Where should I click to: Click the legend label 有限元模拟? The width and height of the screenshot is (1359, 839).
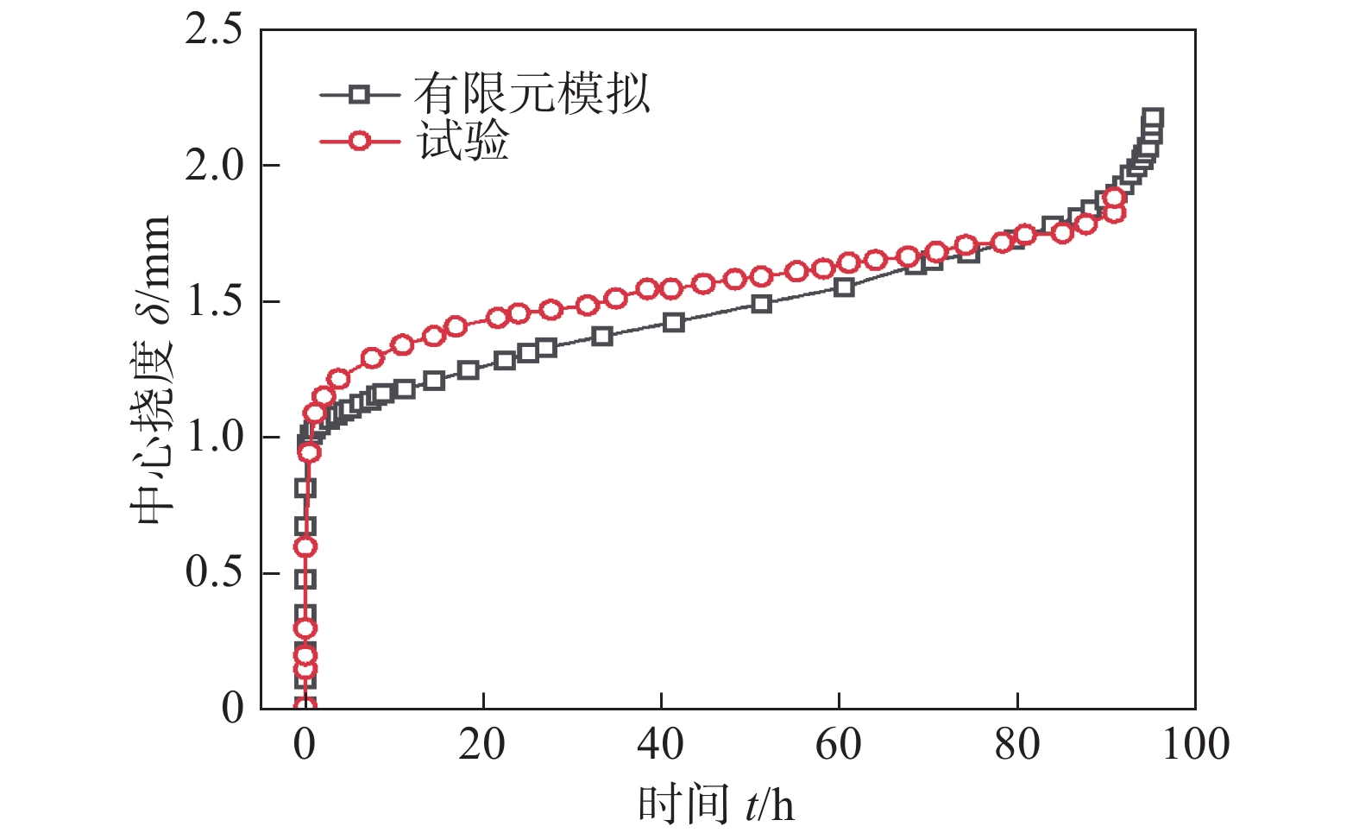531,93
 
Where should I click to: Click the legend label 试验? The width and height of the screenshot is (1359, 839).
464,141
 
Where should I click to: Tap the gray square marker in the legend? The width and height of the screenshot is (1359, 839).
359,94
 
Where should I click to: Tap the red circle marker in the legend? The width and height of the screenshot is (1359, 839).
359,141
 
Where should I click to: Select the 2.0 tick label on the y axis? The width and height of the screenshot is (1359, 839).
214,166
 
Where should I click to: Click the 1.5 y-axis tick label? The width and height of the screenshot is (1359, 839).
214,301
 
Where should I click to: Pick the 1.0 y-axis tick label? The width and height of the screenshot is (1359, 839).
214,437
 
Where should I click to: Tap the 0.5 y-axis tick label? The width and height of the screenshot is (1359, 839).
214,572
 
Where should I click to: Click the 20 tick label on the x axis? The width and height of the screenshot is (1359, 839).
482,744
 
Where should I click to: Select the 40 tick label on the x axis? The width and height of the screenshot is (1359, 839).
661,744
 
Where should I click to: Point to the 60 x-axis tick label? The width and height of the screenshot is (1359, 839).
839,744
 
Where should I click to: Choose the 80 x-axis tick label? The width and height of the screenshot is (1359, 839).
1017,744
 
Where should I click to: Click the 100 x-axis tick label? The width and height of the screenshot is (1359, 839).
1195,744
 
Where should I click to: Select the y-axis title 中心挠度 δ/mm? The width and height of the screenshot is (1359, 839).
150,371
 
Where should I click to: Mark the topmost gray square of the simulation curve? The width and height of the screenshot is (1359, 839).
1152,118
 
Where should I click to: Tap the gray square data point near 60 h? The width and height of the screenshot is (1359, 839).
844,287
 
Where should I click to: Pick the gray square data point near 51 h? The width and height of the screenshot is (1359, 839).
761,304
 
